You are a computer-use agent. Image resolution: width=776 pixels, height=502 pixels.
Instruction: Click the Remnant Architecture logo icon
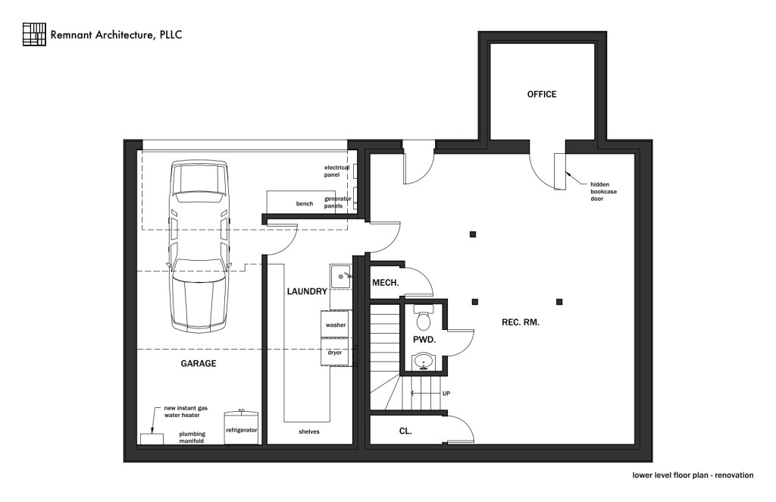click(x=35, y=34)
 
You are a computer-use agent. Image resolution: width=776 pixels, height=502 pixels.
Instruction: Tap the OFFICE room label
click(x=542, y=95)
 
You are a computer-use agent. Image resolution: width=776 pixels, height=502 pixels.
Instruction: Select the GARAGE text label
click(x=198, y=364)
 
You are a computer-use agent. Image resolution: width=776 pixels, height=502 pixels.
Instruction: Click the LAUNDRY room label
click(x=307, y=292)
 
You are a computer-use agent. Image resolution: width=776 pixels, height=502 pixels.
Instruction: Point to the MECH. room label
click(x=385, y=284)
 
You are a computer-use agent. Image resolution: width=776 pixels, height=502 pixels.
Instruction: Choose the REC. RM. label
click(x=521, y=322)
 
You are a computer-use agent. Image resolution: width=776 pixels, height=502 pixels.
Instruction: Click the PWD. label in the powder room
click(x=424, y=340)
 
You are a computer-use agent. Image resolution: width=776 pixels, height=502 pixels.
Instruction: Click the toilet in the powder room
click(x=423, y=317)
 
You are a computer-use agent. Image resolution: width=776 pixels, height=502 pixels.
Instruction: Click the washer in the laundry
click(x=336, y=325)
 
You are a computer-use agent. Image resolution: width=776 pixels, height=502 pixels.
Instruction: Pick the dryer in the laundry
click(x=335, y=353)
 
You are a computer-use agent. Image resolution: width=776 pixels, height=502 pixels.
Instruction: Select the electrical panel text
click(x=336, y=171)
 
